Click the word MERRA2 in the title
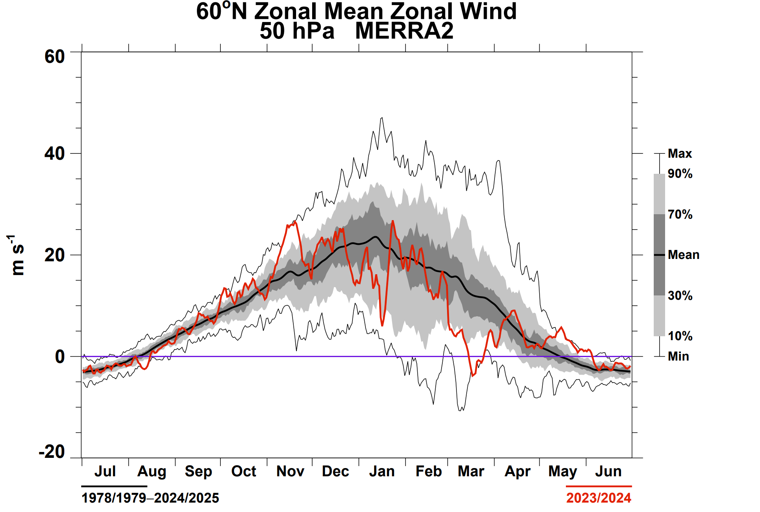pos(404,31)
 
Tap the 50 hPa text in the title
pos(297,31)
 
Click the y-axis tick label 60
pos(55,56)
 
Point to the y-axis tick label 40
pos(55,153)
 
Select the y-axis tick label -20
pos(52,452)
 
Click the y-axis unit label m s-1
pos(17,255)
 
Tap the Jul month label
pos(105,471)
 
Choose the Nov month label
pos(290,471)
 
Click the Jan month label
pos(382,471)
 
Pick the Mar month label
pos(471,471)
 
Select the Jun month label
pos(608,471)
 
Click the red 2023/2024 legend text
pos(599,498)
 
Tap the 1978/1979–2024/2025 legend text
pos(150,498)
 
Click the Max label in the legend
pos(680,153)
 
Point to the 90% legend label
pos(680,173)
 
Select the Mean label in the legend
pos(684,255)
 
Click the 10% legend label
pos(680,336)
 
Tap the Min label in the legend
pos(678,356)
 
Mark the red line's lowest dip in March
pos(473,376)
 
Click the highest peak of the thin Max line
pos(382,117)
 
